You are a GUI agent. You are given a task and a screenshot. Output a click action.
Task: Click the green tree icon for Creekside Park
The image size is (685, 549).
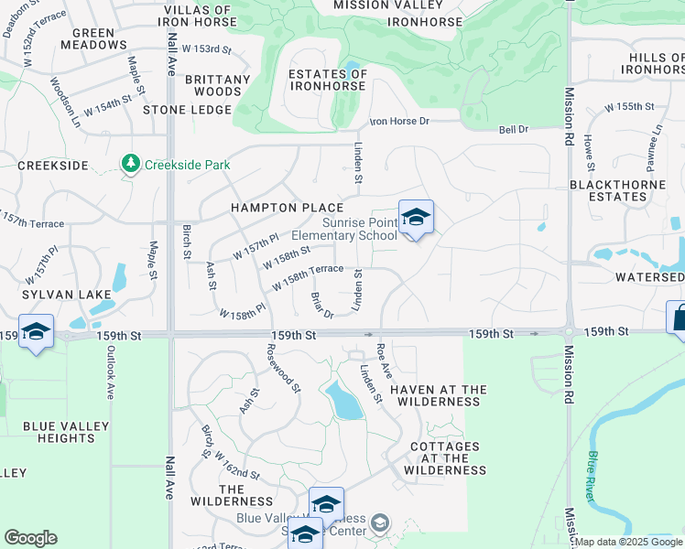point(131,164)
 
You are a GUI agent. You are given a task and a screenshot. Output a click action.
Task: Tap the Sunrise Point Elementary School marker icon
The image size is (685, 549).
point(415,218)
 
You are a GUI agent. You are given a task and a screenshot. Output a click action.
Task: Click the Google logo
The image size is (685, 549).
point(30,538)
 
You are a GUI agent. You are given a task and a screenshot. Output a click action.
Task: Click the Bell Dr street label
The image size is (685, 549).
point(514,130)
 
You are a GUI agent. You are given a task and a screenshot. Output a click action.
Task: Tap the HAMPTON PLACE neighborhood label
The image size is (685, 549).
point(287,208)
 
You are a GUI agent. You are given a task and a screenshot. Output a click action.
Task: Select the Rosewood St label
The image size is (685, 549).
point(284,368)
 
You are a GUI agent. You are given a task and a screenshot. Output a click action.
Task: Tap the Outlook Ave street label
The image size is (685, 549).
point(109,375)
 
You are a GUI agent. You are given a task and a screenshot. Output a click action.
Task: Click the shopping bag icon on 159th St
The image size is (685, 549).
point(679,318)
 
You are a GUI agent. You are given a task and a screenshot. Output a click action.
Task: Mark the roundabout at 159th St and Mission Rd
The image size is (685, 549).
point(569,333)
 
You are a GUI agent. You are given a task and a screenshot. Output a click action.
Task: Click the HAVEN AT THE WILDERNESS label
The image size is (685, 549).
point(439,396)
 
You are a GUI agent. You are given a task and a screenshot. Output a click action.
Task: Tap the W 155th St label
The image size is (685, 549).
point(631,107)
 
